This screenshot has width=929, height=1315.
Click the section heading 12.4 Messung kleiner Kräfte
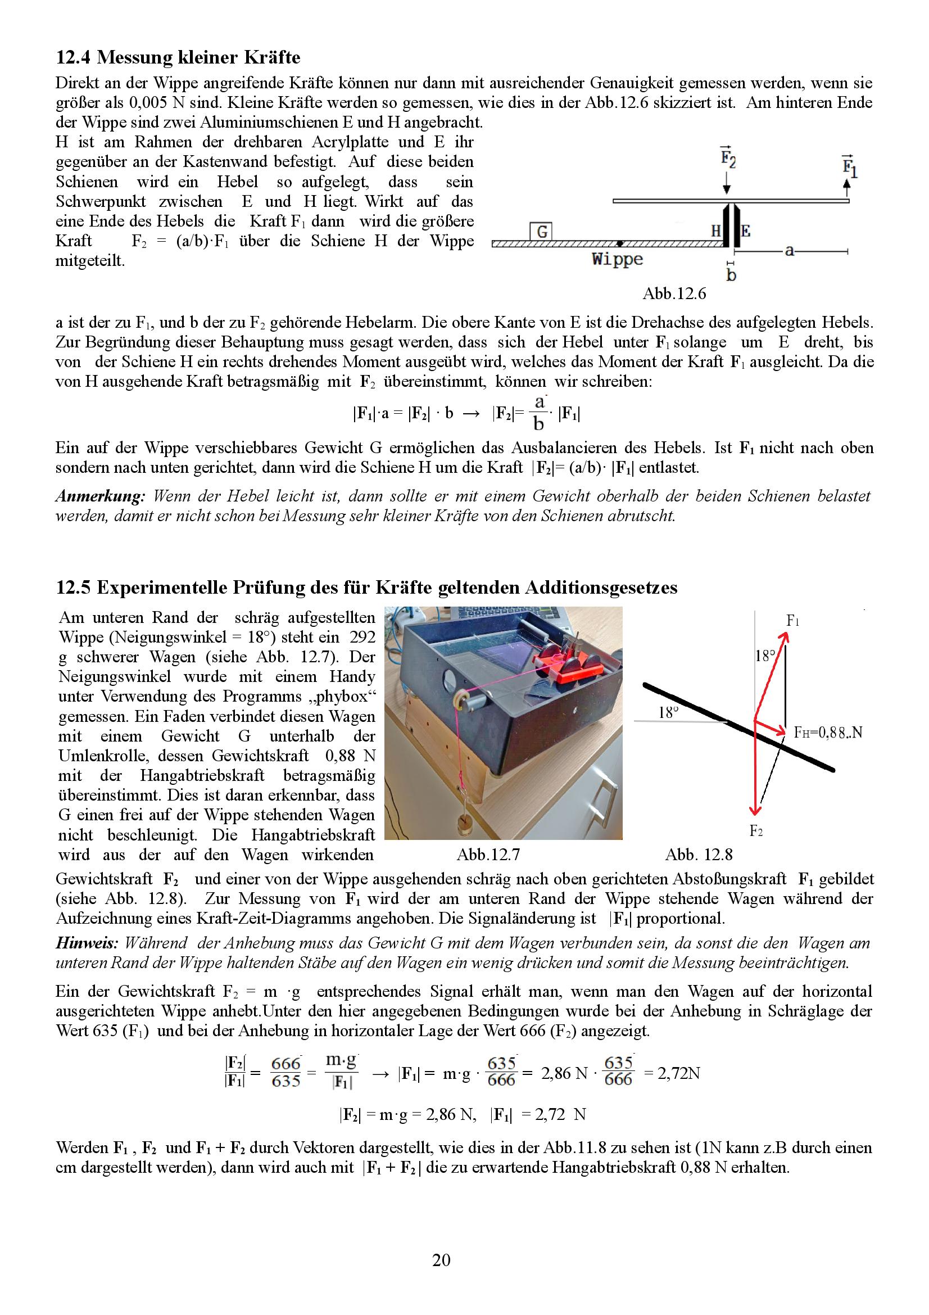point(178,58)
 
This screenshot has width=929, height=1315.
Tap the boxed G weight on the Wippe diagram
point(541,232)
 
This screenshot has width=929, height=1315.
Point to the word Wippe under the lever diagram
point(617,259)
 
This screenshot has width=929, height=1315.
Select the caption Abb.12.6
point(674,294)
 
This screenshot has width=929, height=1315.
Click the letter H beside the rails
point(715,231)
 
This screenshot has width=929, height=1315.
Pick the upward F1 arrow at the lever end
point(847,187)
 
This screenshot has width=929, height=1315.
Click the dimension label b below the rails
point(731,275)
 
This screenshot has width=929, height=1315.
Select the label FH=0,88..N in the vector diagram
point(828,733)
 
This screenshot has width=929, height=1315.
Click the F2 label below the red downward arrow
point(756,831)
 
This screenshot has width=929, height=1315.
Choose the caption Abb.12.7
point(488,855)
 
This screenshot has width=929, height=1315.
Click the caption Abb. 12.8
point(699,855)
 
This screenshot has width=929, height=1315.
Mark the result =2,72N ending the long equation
point(672,1073)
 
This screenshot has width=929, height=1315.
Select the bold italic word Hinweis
point(87,943)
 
